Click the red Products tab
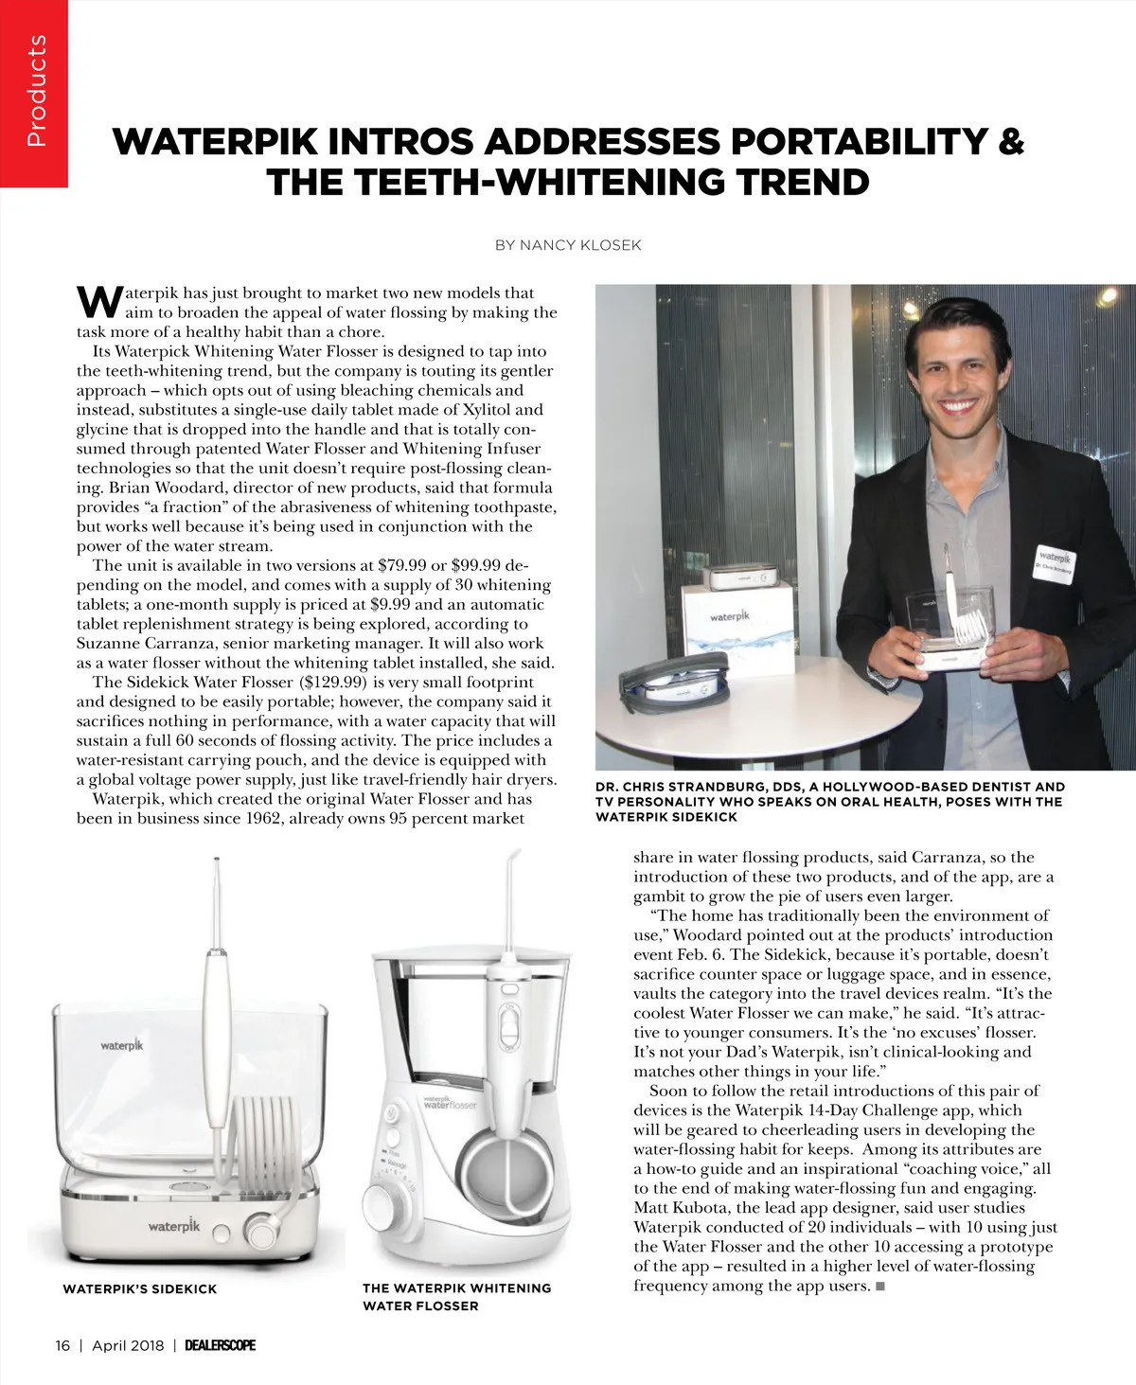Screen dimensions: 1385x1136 pos(34,93)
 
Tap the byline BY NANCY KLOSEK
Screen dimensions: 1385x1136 pos(568,245)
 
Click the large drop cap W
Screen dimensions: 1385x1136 pos(98,300)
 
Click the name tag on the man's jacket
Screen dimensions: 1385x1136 pos(1055,563)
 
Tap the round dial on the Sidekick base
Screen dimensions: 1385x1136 pos(259,1232)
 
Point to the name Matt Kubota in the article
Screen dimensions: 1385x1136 pos(675,1208)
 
